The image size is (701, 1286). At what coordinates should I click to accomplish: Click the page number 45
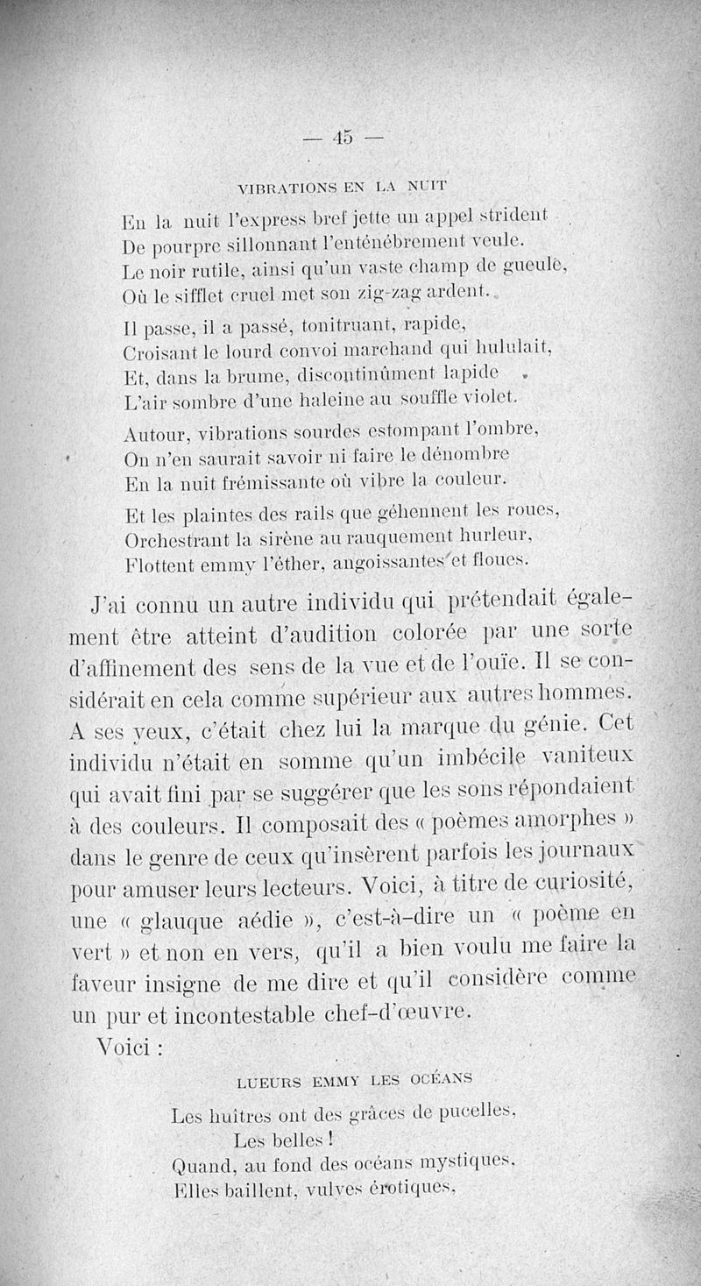tap(342, 137)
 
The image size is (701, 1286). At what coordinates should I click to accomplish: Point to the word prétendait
tap(502, 604)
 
